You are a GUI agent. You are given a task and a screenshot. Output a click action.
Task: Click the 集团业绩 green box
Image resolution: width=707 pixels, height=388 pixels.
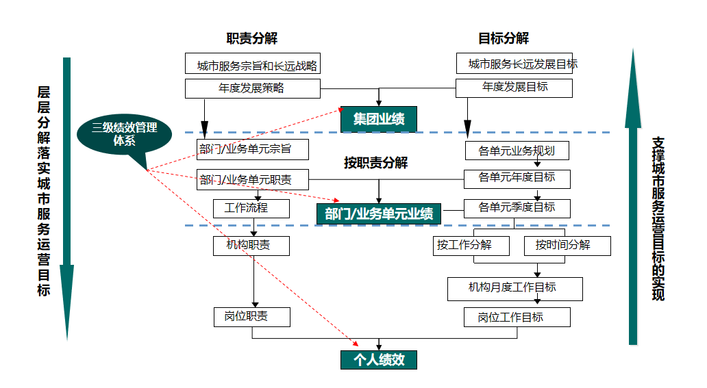pyautogui.click(x=379, y=119)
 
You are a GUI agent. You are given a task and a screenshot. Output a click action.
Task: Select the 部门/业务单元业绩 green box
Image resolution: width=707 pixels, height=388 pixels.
pyautogui.click(x=379, y=214)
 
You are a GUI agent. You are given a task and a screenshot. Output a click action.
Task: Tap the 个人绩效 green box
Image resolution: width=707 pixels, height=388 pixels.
pyautogui.click(x=379, y=360)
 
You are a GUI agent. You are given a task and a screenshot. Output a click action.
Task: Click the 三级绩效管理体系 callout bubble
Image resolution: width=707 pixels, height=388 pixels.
pyautogui.click(x=125, y=134)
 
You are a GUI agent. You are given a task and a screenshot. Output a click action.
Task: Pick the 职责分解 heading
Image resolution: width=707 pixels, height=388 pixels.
pyautogui.click(x=252, y=38)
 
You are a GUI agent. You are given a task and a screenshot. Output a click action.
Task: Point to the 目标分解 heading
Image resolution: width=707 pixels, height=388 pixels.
pyautogui.click(x=504, y=38)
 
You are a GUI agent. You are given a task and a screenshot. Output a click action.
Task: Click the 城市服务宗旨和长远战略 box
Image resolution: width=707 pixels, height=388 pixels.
pyautogui.click(x=253, y=64)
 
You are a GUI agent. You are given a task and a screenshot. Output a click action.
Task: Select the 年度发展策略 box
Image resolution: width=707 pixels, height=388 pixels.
pyautogui.click(x=253, y=88)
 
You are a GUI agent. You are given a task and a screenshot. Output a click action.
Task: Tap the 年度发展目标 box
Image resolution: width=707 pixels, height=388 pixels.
pyautogui.click(x=514, y=88)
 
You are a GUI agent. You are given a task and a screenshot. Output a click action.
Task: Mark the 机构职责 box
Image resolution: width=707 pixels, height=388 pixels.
pyautogui.click(x=251, y=245)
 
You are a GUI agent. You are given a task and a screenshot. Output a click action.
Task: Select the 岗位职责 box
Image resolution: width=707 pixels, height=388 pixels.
pyautogui.click(x=251, y=317)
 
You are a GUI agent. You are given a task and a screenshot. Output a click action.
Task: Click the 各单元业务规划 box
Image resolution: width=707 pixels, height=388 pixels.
pyautogui.click(x=517, y=151)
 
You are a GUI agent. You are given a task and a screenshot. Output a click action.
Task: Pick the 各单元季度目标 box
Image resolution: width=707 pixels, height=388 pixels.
pyautogui.click(x=517, y=207)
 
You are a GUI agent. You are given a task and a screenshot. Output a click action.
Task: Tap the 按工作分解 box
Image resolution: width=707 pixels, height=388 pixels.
pyautogui.click(x=472, y=245)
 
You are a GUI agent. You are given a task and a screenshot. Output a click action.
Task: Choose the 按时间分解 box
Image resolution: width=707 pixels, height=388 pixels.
pyautogui.click(x=567, y=245)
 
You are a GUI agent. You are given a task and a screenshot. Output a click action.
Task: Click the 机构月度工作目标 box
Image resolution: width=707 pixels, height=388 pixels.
pyautogui.click(x=514, y=288)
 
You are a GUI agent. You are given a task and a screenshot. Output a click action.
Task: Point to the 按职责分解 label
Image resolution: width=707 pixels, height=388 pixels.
pyautogui.click(x=375, y=163)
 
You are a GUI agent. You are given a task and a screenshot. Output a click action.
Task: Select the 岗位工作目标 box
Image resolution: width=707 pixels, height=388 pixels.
pyautogui.click(x=514, y=317)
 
